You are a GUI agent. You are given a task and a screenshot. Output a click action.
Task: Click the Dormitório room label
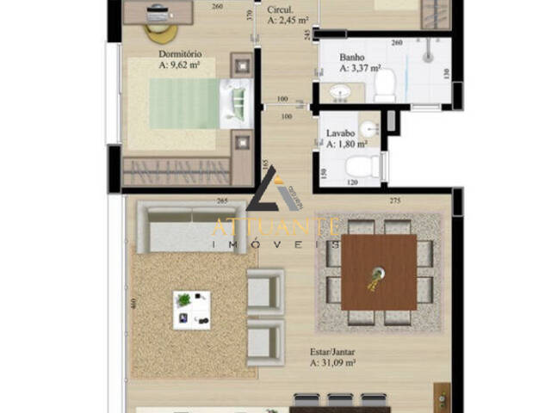pyautogui.click(x=179, y=52)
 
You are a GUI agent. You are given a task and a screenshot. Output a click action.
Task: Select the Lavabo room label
pyautogui.click(x=341, y=133)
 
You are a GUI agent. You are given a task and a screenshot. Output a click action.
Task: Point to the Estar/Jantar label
pyautogui.click(x=333, y=352)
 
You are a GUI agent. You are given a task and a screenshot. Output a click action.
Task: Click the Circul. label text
pyautogui.click(x=281, y=9)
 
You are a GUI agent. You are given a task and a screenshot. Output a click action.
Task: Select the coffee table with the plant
pyautogui.click(x=192, y=310)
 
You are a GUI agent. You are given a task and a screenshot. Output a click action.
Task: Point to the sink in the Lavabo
pyautogui.click(x=369, y=129)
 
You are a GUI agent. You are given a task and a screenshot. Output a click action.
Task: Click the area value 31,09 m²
pyautogui.click(x=333, y=364)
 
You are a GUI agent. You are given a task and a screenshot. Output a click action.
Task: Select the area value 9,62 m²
pyautogui.click(x=179, y=64)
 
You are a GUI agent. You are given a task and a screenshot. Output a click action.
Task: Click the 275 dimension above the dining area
pyautogui.click(x=395, y=201)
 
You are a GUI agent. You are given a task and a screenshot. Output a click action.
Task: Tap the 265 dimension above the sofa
pyautogui.click(x=221, y=201)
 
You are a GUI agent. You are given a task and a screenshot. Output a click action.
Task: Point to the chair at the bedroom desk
pyautogui.click(x=161, y=32)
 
